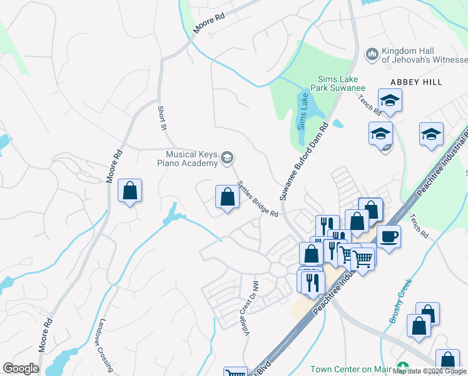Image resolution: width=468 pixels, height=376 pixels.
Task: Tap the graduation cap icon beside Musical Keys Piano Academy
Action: pyautogui.click(x=228, y=159)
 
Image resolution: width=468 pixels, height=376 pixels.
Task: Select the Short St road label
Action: pyautogui.click(x=162, y=118)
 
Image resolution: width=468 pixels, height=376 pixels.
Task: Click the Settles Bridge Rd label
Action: pyautogui.click(x=257, y=200)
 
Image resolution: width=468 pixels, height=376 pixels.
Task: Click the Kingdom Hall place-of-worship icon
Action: pyautogui.click(x=372, y=55)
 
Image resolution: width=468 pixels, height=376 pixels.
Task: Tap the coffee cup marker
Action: pyautogui.click(x=389, y=236)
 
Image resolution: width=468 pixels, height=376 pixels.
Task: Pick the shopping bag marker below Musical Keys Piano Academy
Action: pyautogui.click(x=227, y=197)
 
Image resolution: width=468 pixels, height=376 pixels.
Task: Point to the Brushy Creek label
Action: pyautogui.click(x=401, y=301)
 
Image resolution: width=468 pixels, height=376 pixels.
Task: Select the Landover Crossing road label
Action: pyautogui.click(x=105, y=345)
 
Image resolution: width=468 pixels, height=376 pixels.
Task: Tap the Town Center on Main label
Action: pyautogui.click(x=350, y=368)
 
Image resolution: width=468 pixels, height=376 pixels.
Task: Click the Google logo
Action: pyautogui.click(x=21, y=368)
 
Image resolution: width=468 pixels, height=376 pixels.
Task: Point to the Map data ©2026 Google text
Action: pyautogui.click(x=429, y=372)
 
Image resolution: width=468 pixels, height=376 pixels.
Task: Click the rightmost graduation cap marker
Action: pyautogui.click(x=431, y=134)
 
